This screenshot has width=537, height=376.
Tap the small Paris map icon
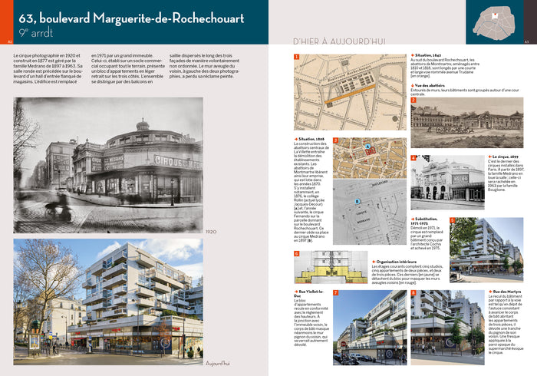[493, 21]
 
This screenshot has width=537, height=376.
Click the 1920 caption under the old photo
[213, 233]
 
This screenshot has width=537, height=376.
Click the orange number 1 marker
[297, 57]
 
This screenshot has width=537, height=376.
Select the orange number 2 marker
[413, 100]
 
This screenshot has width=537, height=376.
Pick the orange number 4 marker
[414, 158]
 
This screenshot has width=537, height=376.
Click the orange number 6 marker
[297, 253]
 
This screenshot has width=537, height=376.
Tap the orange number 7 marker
[337, 293]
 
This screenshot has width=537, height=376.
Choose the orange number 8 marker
[413, 293]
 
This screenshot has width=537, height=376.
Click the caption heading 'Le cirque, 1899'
[503, 157]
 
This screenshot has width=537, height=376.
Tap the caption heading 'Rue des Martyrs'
[507, 292]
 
